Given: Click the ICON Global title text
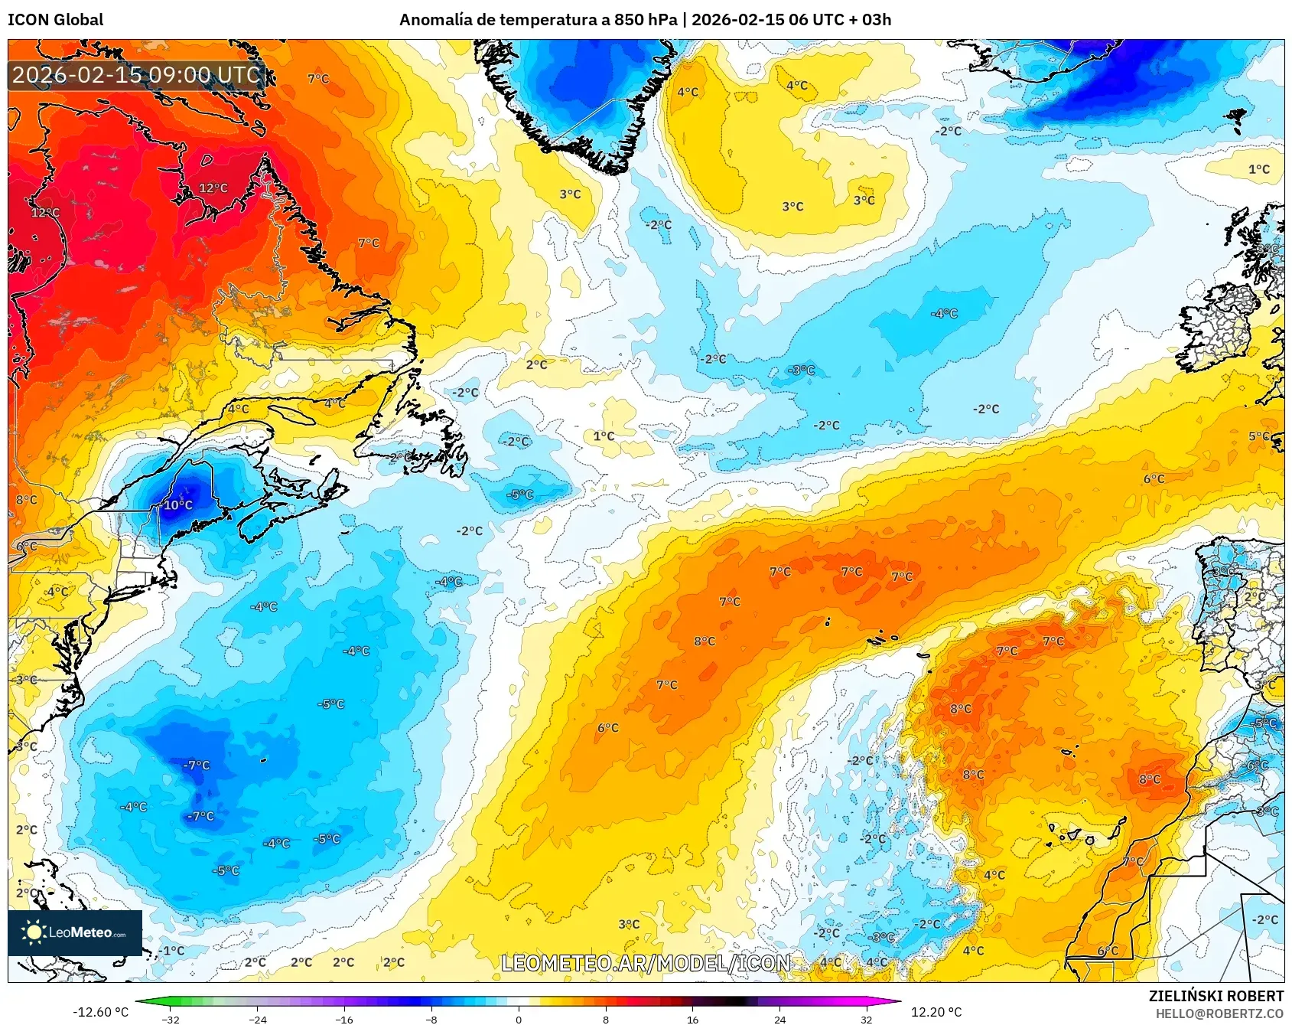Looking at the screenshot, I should [x=55, y=20].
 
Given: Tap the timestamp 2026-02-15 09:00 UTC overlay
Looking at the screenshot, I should [x=136, y=75].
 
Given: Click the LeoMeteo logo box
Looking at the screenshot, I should [x=75, y=932].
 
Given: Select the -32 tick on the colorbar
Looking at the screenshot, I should [x=171, y=1019].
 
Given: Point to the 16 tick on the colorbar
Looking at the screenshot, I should [x=692, y=1019].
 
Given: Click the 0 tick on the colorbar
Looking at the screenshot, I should [x=519, y=1019].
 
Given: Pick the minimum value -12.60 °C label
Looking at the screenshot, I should [x=100, y=1012].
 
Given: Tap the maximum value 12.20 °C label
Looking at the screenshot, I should [x=936, y=1012].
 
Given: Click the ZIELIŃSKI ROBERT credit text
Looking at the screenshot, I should [x=1216, y=996].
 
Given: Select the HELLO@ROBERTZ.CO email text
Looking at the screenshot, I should [x=1219, y=1014].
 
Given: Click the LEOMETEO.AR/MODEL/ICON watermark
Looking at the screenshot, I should [x=646, y=963].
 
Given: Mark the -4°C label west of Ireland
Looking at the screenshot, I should [x=944, y=314].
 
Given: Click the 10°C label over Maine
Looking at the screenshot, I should [x=178, y=505].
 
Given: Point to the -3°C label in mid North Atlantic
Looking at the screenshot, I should [x=802, y=371].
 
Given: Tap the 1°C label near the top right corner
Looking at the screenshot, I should [x=1258, y=170].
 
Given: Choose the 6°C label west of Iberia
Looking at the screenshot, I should [x=1154, y=479].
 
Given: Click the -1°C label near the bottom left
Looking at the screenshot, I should [x=172, y=951].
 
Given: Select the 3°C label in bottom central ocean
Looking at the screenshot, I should [x=629, y=925].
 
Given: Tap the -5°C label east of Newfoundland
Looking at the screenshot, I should [x=520, y=495].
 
